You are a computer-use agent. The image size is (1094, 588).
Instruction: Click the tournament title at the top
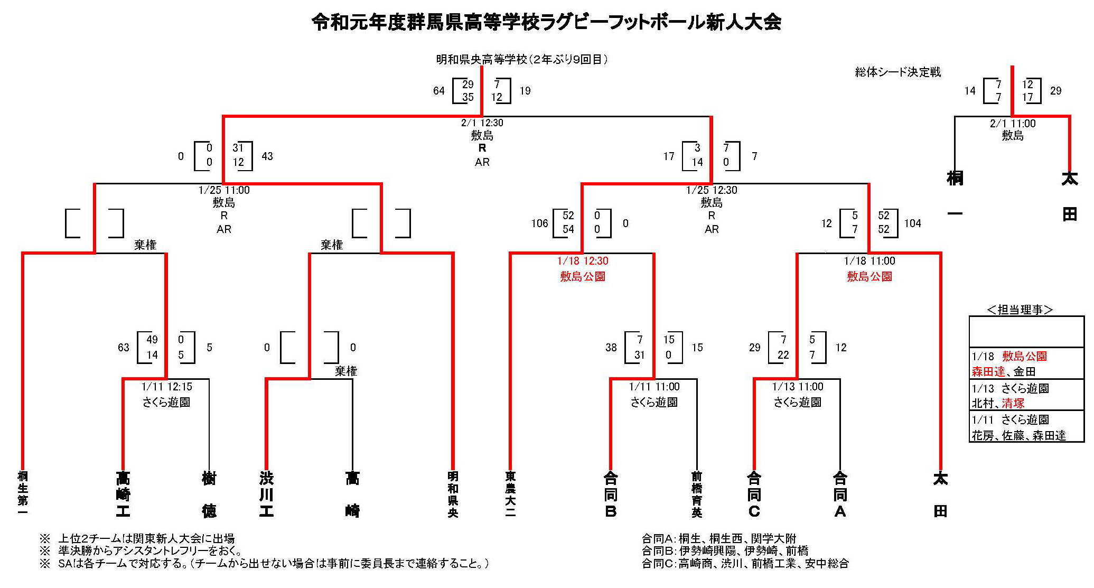coord(546,23)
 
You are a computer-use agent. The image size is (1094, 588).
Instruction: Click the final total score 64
coord(439,91)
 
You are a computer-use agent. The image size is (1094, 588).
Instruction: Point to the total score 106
coord(539,223)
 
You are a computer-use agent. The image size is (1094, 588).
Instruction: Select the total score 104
coord(912,223)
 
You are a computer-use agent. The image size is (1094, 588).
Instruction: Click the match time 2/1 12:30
coord(482,123)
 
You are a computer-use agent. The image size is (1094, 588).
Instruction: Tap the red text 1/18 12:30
coord(583,261)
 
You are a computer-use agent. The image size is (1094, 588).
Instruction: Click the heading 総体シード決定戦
coord(898,72)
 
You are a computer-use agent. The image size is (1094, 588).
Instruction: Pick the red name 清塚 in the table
coord(1013,404)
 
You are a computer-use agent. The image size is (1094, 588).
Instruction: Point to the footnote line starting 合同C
coord(745,564)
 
